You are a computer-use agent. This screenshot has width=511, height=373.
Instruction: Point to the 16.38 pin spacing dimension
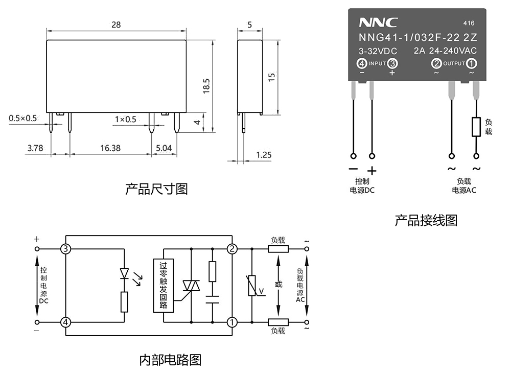(110, 148)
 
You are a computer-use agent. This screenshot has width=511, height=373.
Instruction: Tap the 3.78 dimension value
(35, 148)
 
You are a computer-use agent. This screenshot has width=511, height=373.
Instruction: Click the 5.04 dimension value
(164, 148)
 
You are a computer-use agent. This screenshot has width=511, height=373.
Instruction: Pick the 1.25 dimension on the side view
(264, 154)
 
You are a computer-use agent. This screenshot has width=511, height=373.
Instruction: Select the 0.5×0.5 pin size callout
(23, 119)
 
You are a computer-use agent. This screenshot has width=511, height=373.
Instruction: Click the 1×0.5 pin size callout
(125, 119)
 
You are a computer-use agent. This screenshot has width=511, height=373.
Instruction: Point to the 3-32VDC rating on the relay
(378, 51)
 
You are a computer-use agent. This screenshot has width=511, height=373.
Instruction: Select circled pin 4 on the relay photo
(362, 63)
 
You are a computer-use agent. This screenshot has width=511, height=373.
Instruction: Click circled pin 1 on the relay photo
(472, 63)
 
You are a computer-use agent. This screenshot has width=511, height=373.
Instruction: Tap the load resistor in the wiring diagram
(476, 127)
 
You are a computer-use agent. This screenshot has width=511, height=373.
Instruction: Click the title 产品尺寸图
(156, 189)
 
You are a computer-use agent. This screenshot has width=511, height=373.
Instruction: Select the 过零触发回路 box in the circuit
(164, 286)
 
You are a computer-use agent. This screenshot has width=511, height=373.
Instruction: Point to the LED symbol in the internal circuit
(125, 274)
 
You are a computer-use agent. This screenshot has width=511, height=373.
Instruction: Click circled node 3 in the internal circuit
(66, 249)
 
